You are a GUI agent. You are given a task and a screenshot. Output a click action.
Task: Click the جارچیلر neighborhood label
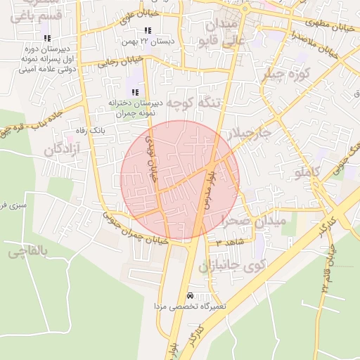coord(246,133)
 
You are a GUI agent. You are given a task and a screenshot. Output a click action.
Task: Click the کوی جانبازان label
coord(229,266)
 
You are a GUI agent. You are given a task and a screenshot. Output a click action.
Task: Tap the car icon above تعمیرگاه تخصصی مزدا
coord(191,295)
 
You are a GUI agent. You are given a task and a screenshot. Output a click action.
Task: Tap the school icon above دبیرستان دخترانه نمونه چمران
coord(134,92)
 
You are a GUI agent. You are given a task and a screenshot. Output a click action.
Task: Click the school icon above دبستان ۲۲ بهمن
coord(148,30)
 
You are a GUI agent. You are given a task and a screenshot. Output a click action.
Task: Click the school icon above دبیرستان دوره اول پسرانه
coord(46,37)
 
